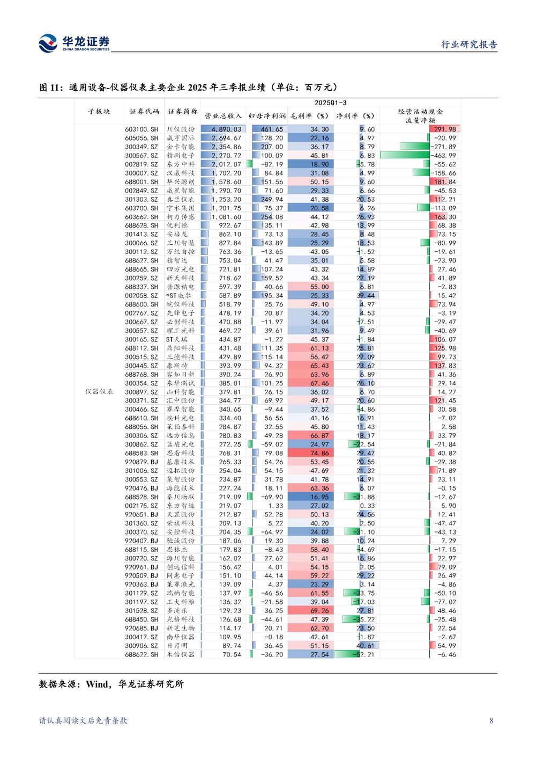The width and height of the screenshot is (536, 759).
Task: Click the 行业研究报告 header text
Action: coord(469,45)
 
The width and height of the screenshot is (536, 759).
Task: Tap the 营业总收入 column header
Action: coord(223,116)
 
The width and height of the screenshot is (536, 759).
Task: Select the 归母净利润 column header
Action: coord(267,116)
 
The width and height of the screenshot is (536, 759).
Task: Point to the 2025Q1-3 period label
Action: coord(330,103)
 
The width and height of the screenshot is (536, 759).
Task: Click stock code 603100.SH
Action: coord(142,129)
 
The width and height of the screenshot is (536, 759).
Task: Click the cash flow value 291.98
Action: coord(445,129)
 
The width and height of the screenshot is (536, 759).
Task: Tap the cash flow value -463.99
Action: coord(445,156)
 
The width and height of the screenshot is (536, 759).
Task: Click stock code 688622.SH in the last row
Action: coord(142,654)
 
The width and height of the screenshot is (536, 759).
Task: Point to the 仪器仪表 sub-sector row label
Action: coord(99,392)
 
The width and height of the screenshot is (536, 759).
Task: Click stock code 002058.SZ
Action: coord(142,296)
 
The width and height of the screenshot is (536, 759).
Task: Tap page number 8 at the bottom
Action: coord(492,721)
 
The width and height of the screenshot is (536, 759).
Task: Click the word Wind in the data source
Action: coord(97,684)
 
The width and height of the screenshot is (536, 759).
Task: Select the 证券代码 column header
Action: coord(144,112)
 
